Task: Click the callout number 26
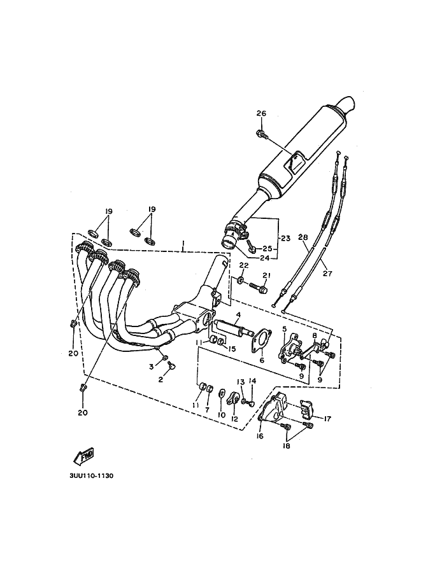(x=261, y=113)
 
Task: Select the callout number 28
(x=303, y=236)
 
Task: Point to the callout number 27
(x=327, y=274)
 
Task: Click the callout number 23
(x=285, y=239)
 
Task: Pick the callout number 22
(x=243, y=265)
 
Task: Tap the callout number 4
(x=238, y=314)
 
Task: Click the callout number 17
(x=327, y=419)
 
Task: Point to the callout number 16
(x=259, y=436)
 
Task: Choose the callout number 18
(x=286, y=445)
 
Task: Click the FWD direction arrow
(x=84, y=456)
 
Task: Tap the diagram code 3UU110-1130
(x=91, y=476)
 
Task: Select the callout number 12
(x=234, y=419)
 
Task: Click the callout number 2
(x=161, y=380)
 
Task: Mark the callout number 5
(x=285, y=328)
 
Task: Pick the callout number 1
(x=183, y=244)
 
